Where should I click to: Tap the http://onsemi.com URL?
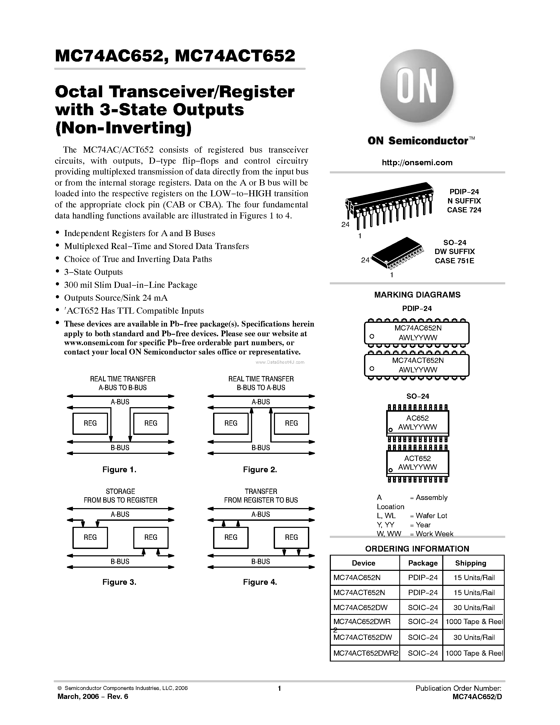coord(417,163)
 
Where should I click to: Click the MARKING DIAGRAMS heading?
coord(417,295)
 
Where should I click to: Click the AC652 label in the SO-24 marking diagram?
coord(417,418)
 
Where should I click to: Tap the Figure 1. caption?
coord(119,469)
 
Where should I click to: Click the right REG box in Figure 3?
coord(151,537)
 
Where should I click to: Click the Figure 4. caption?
coord(260,582)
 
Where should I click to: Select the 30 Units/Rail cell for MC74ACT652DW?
coord(474,637)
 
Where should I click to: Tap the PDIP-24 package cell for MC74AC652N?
coord(423,578)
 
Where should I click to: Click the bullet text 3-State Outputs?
coord(93,272)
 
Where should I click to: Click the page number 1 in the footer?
coord(279,688)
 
